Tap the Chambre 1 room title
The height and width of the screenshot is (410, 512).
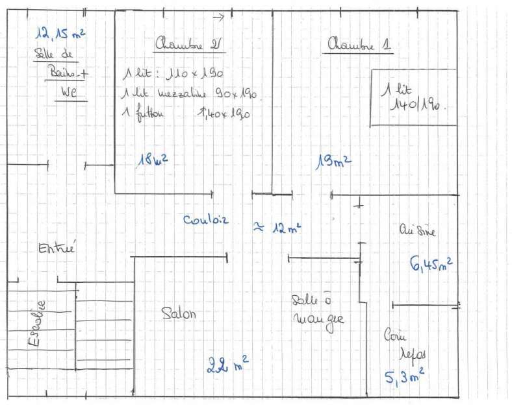(360, 45)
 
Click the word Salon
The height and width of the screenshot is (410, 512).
(178, 313)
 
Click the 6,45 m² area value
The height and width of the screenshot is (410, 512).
(431, 263)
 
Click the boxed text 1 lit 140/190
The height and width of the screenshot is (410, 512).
(413, 97)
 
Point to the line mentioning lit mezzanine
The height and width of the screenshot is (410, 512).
(190, 94)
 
